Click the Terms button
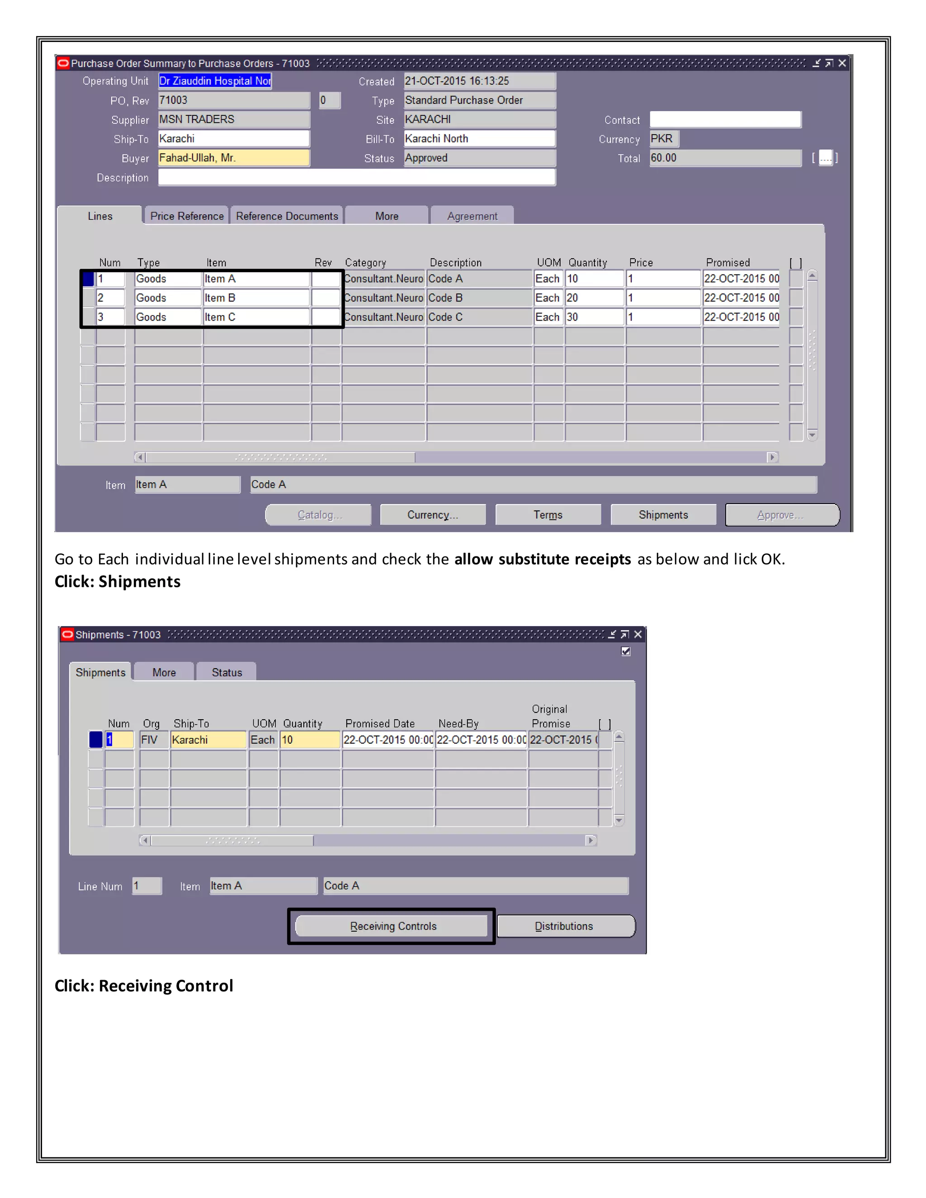548,514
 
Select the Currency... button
432,514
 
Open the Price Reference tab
187,216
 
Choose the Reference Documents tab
286,216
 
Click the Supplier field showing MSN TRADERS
234,120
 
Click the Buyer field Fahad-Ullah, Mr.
234,158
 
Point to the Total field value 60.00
724,158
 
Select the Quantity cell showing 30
594,317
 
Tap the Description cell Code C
479,317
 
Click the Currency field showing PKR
664,139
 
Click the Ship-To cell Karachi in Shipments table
208,740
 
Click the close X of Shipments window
638,635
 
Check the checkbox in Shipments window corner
625,651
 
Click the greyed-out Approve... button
781,514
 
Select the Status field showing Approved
479,158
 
